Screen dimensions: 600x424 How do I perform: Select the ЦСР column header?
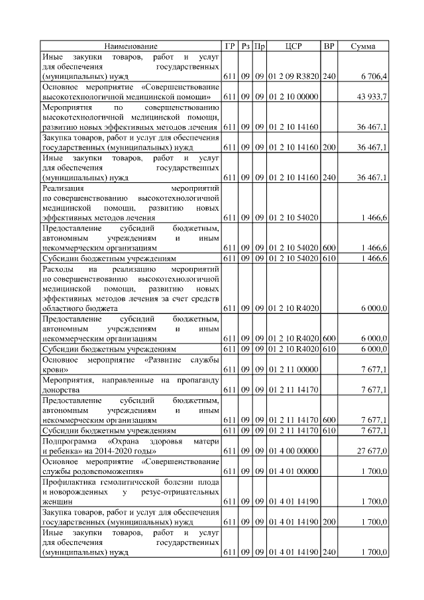(293, 46)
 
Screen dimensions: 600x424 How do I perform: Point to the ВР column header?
(329, 46)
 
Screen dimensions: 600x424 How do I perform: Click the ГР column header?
(230, 46)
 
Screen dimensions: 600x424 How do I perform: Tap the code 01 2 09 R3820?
(294, 77)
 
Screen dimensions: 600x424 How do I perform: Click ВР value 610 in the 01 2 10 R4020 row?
(329, 348)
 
